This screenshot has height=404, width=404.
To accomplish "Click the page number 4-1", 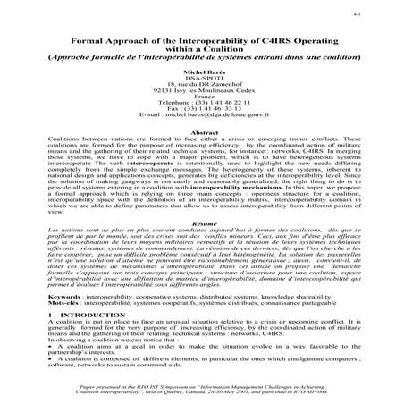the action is [383, 13].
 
